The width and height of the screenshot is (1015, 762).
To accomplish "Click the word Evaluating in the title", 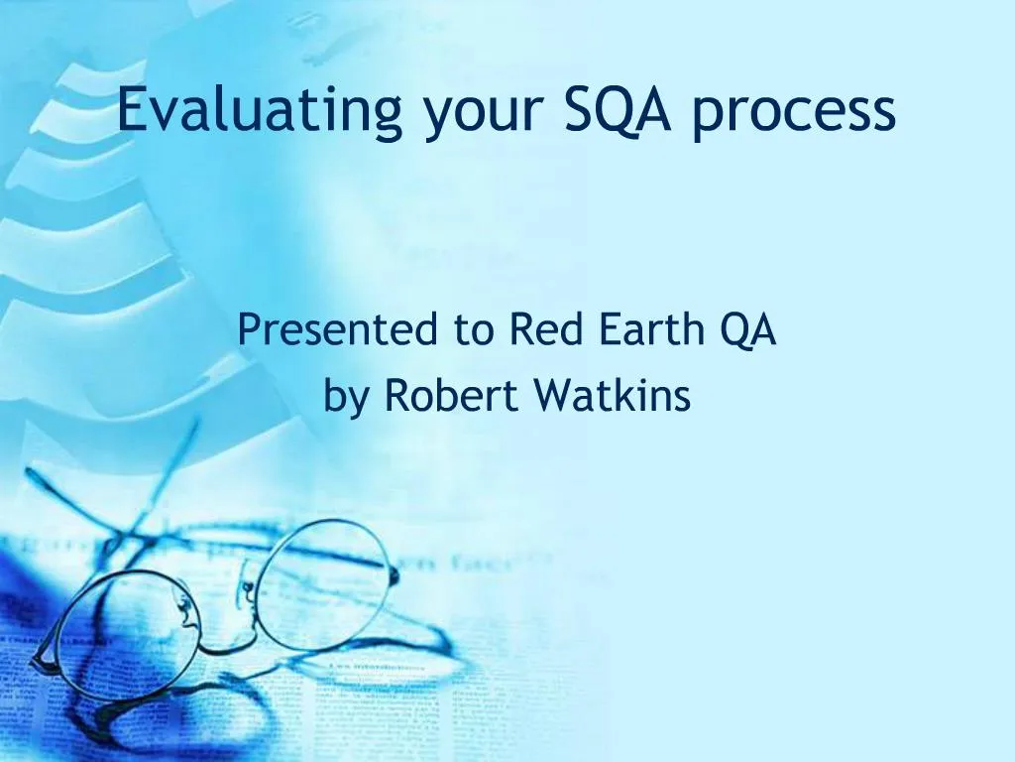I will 260,111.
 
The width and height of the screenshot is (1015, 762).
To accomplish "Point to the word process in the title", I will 794,115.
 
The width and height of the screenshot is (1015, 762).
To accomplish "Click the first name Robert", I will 451,396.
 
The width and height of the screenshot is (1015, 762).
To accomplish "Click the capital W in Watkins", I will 551,396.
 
